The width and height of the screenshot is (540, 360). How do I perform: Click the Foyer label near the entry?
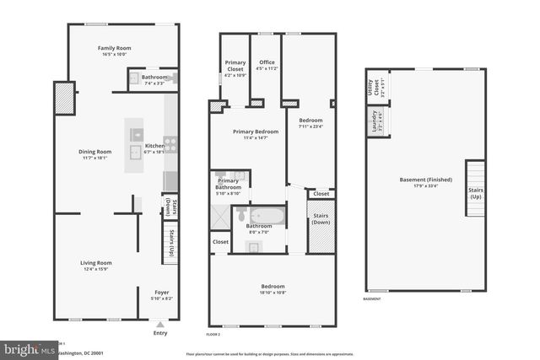click(x=161, y=293)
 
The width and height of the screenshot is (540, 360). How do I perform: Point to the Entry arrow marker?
click(x=160, y=323)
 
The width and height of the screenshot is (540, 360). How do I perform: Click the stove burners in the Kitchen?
click(x=170, y=144)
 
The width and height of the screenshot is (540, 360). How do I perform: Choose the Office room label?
click(x=267, y=62)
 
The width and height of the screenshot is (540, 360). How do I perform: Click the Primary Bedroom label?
click(x=256, y=132)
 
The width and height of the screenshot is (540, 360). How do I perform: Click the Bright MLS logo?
click(x=25, y=348)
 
